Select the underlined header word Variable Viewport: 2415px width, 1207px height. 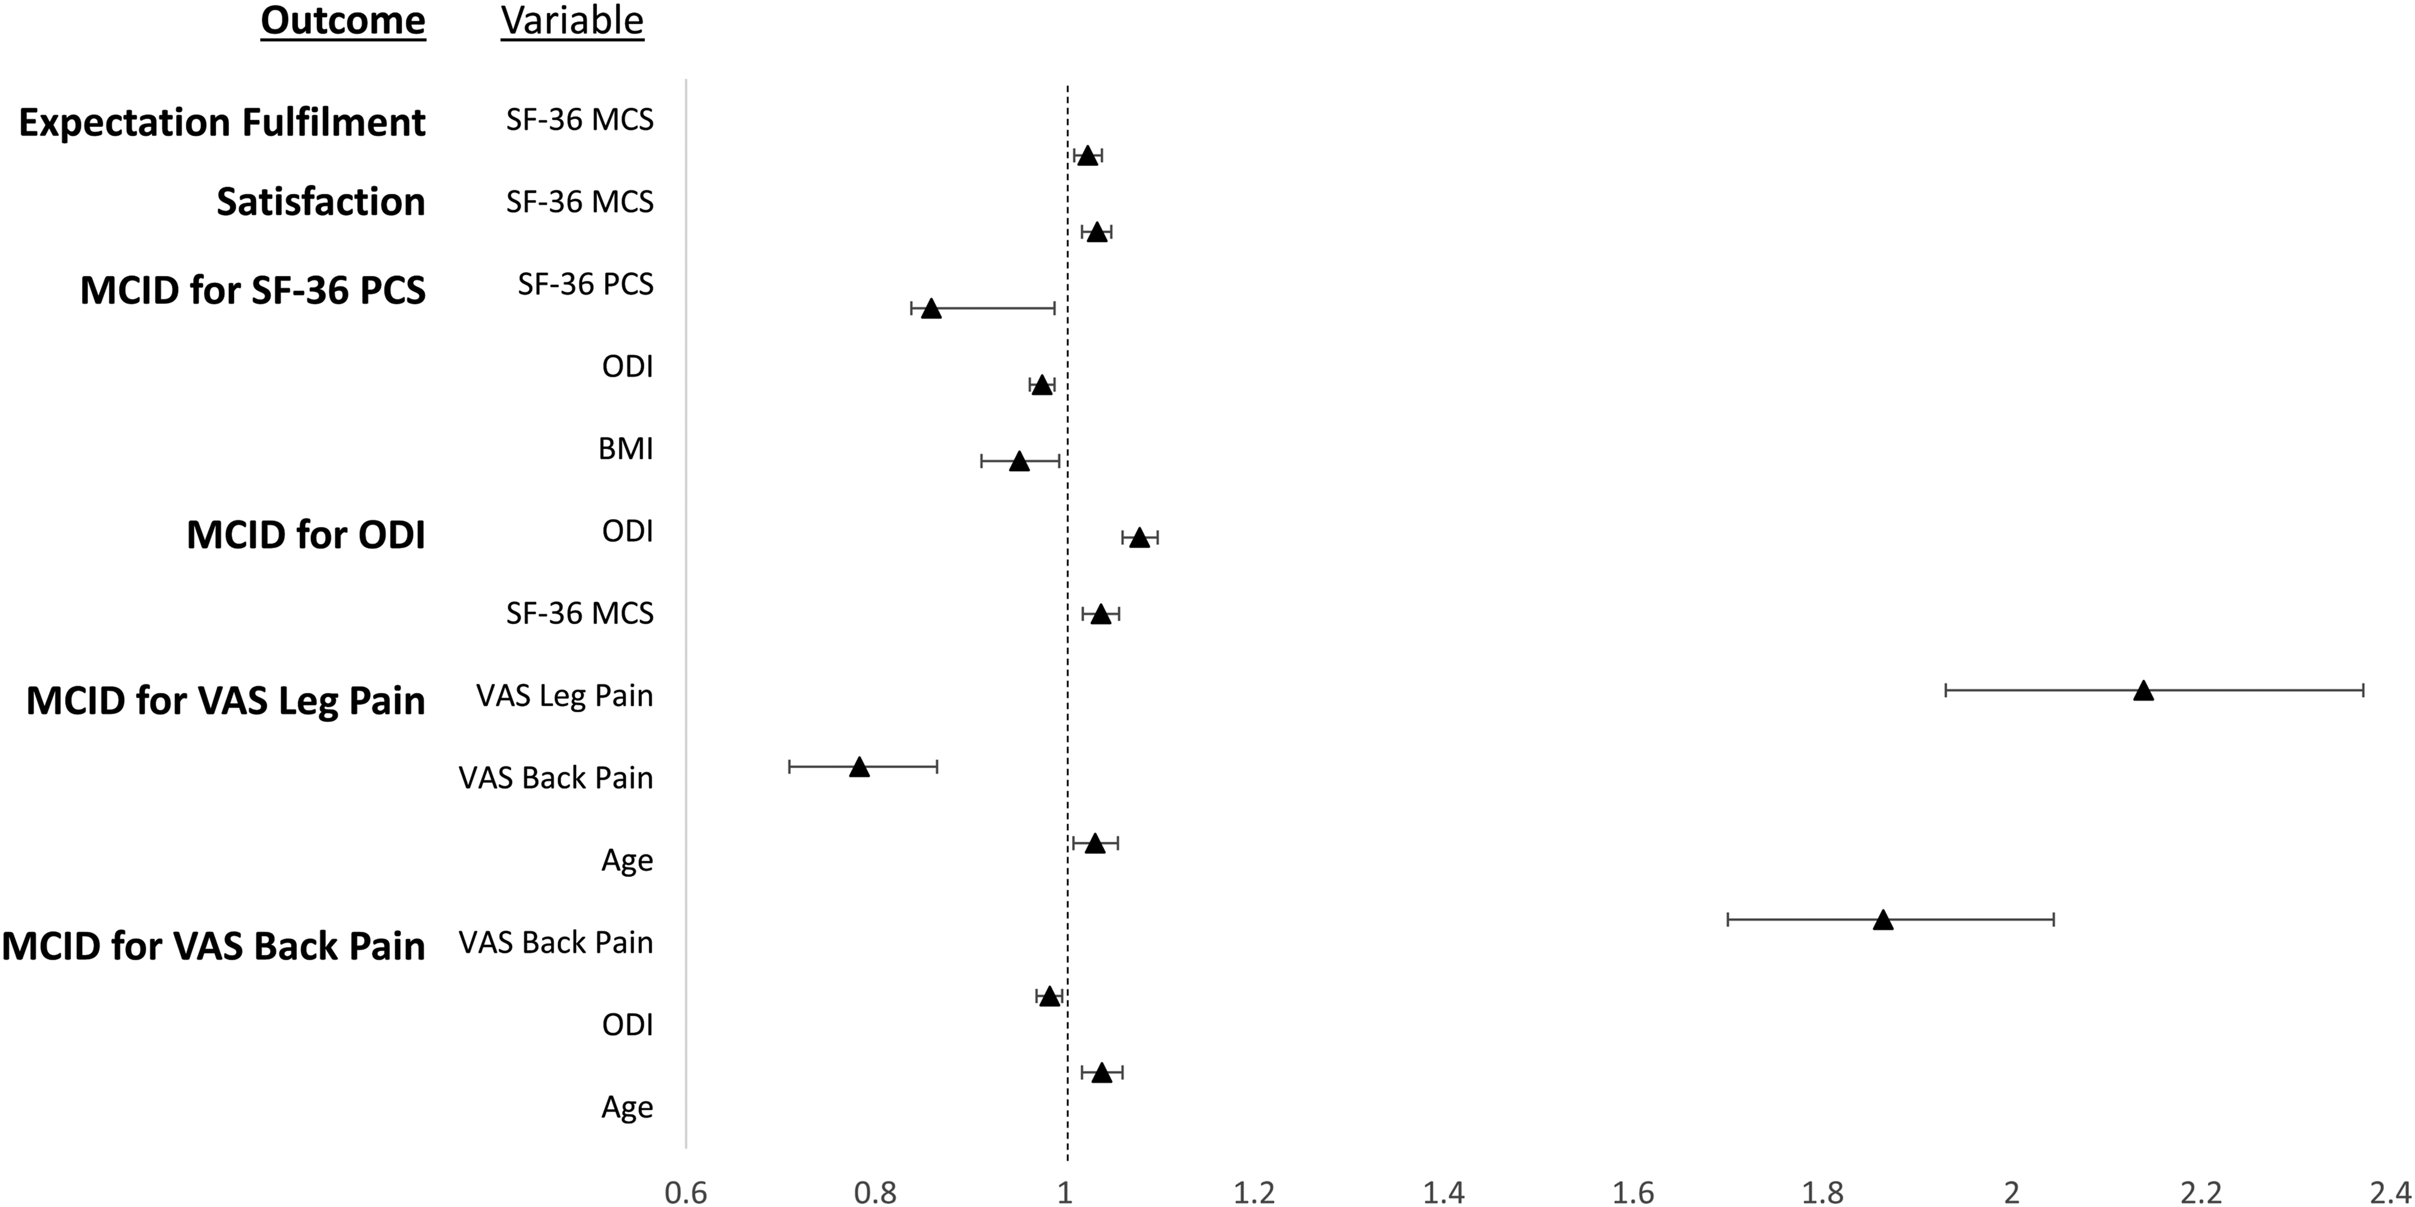572,21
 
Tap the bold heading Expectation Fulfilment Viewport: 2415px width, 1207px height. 222,123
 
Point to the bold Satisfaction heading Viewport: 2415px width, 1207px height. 321,202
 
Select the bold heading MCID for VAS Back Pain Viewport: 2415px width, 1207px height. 214,946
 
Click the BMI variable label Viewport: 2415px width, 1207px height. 626,449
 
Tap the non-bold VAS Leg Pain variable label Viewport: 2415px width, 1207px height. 564,696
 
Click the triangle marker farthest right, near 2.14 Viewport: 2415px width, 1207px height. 2142,691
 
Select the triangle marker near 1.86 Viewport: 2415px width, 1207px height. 1882,920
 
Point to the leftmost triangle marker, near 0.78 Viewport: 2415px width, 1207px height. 859,767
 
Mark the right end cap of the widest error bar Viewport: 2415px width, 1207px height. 2363,690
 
